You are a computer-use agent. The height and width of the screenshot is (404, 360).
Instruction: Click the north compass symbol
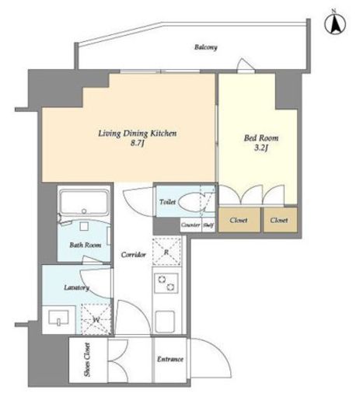pos(335,23)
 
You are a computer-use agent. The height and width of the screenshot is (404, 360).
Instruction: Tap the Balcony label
pos(206,47)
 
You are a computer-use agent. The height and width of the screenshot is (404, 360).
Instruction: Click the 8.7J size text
pos(138,143)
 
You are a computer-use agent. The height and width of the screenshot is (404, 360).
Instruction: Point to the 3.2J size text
pos(261,148)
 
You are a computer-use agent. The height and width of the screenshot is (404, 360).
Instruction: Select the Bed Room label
pos(261,138)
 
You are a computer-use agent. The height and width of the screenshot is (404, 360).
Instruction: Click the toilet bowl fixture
pos(191,202)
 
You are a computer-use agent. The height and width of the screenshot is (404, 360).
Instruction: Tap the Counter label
pos(190,225)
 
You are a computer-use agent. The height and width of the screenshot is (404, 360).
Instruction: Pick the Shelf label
pos(208,225)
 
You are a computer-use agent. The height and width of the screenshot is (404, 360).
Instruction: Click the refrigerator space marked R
pos(166,252)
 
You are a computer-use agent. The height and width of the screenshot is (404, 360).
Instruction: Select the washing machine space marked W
pos(96,319)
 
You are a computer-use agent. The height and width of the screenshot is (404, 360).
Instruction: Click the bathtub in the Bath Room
pos(84,203)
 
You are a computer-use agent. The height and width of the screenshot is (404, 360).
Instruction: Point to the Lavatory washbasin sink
pos(58,318)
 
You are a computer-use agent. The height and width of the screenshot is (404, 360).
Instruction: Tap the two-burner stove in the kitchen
pos(166,283)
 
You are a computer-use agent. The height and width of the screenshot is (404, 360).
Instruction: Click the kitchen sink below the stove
pos(165,321)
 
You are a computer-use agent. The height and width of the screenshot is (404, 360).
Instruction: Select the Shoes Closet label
pos(87,360)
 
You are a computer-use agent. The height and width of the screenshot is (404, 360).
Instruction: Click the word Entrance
pos(170,359)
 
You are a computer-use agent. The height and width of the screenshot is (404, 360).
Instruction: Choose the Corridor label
pos(134,255)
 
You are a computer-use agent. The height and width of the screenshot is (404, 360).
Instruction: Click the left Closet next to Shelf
pos(239,220)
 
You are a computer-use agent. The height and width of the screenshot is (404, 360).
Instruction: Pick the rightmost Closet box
pos(280,220)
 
